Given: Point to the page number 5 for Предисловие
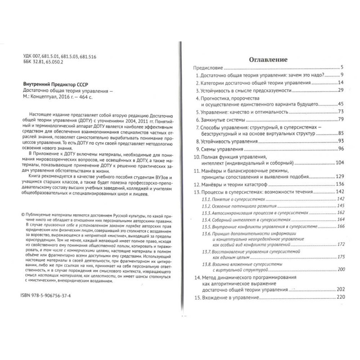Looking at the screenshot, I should click(342, 67).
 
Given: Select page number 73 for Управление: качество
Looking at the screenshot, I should click(341, 111).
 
